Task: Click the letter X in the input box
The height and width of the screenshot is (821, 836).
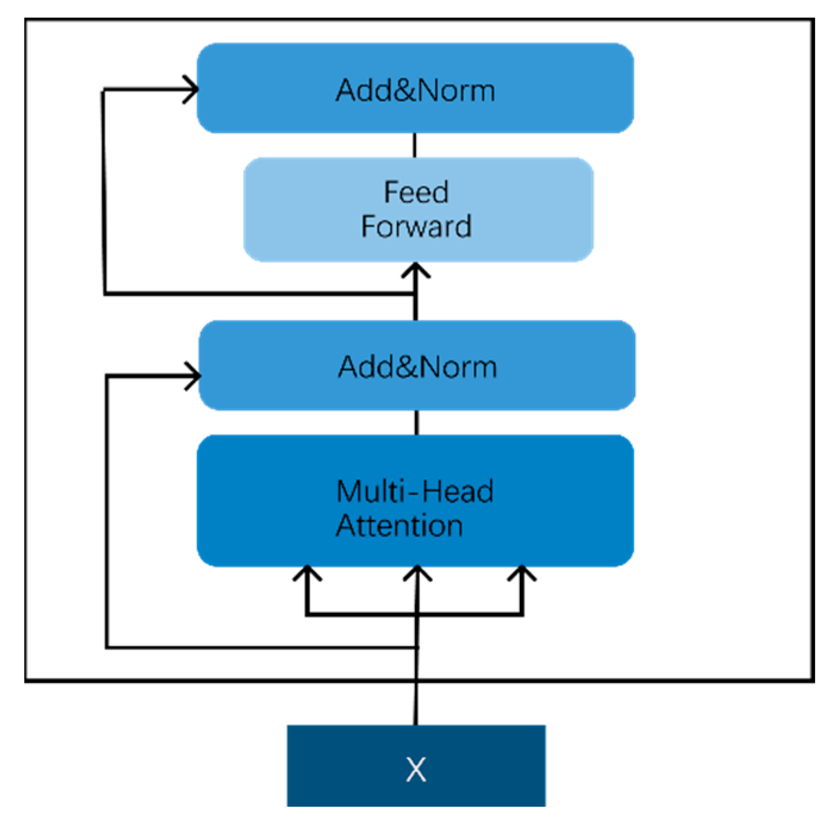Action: coord(416,769)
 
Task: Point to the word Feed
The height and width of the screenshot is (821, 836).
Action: coord(416,192)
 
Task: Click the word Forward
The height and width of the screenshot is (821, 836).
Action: coord(416,227)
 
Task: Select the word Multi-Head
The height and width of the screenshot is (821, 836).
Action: coord(414,491)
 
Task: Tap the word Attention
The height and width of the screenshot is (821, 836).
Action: coord(399,526)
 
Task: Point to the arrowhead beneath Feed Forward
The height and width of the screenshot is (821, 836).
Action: coord(416,271)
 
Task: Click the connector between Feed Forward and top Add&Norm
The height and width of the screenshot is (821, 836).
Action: coord(415,145)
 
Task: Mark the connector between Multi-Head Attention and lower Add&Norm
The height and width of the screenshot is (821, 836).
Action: coord(417,422)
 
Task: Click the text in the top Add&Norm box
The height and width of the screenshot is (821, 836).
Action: coord(415,90)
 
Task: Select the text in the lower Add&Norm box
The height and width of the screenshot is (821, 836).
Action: coord(417,366)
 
